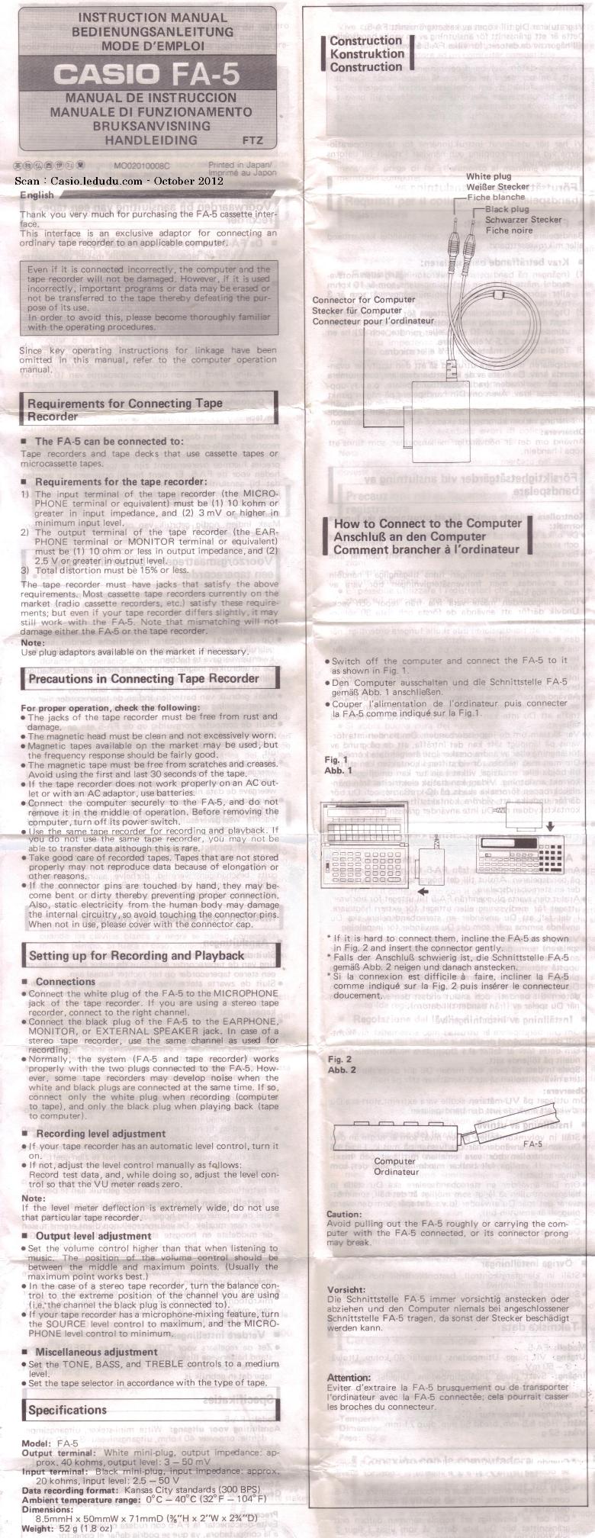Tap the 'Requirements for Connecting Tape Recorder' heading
click(125, 410)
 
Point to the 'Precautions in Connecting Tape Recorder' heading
click(143, 678)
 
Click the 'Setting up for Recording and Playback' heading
click(137, 955)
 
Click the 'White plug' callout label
click(493, 176)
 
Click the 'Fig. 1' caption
click(336, 760)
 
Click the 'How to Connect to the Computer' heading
click(427, 523)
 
